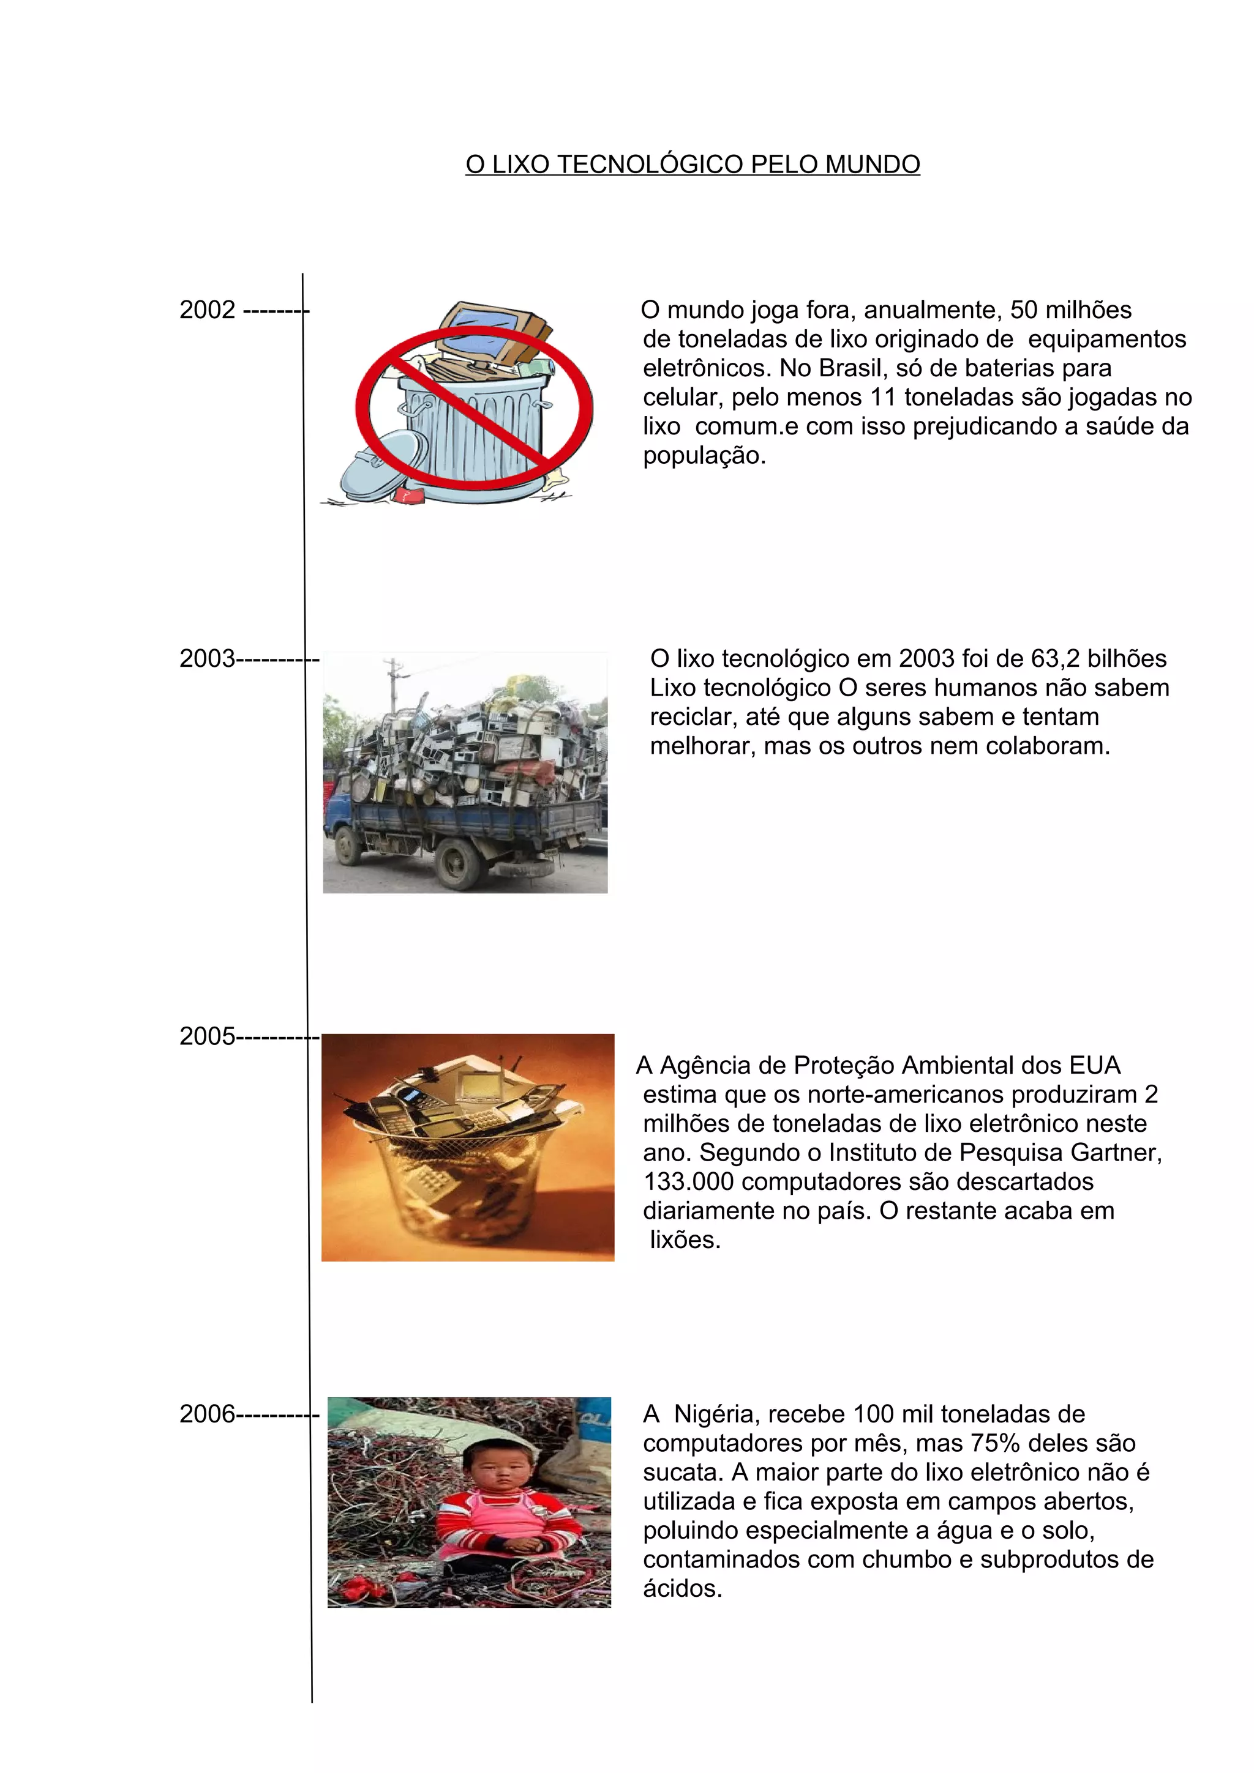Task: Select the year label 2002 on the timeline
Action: [207, 310]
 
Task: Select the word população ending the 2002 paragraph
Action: [703, 456]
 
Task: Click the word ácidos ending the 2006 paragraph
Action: [681, 1588]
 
